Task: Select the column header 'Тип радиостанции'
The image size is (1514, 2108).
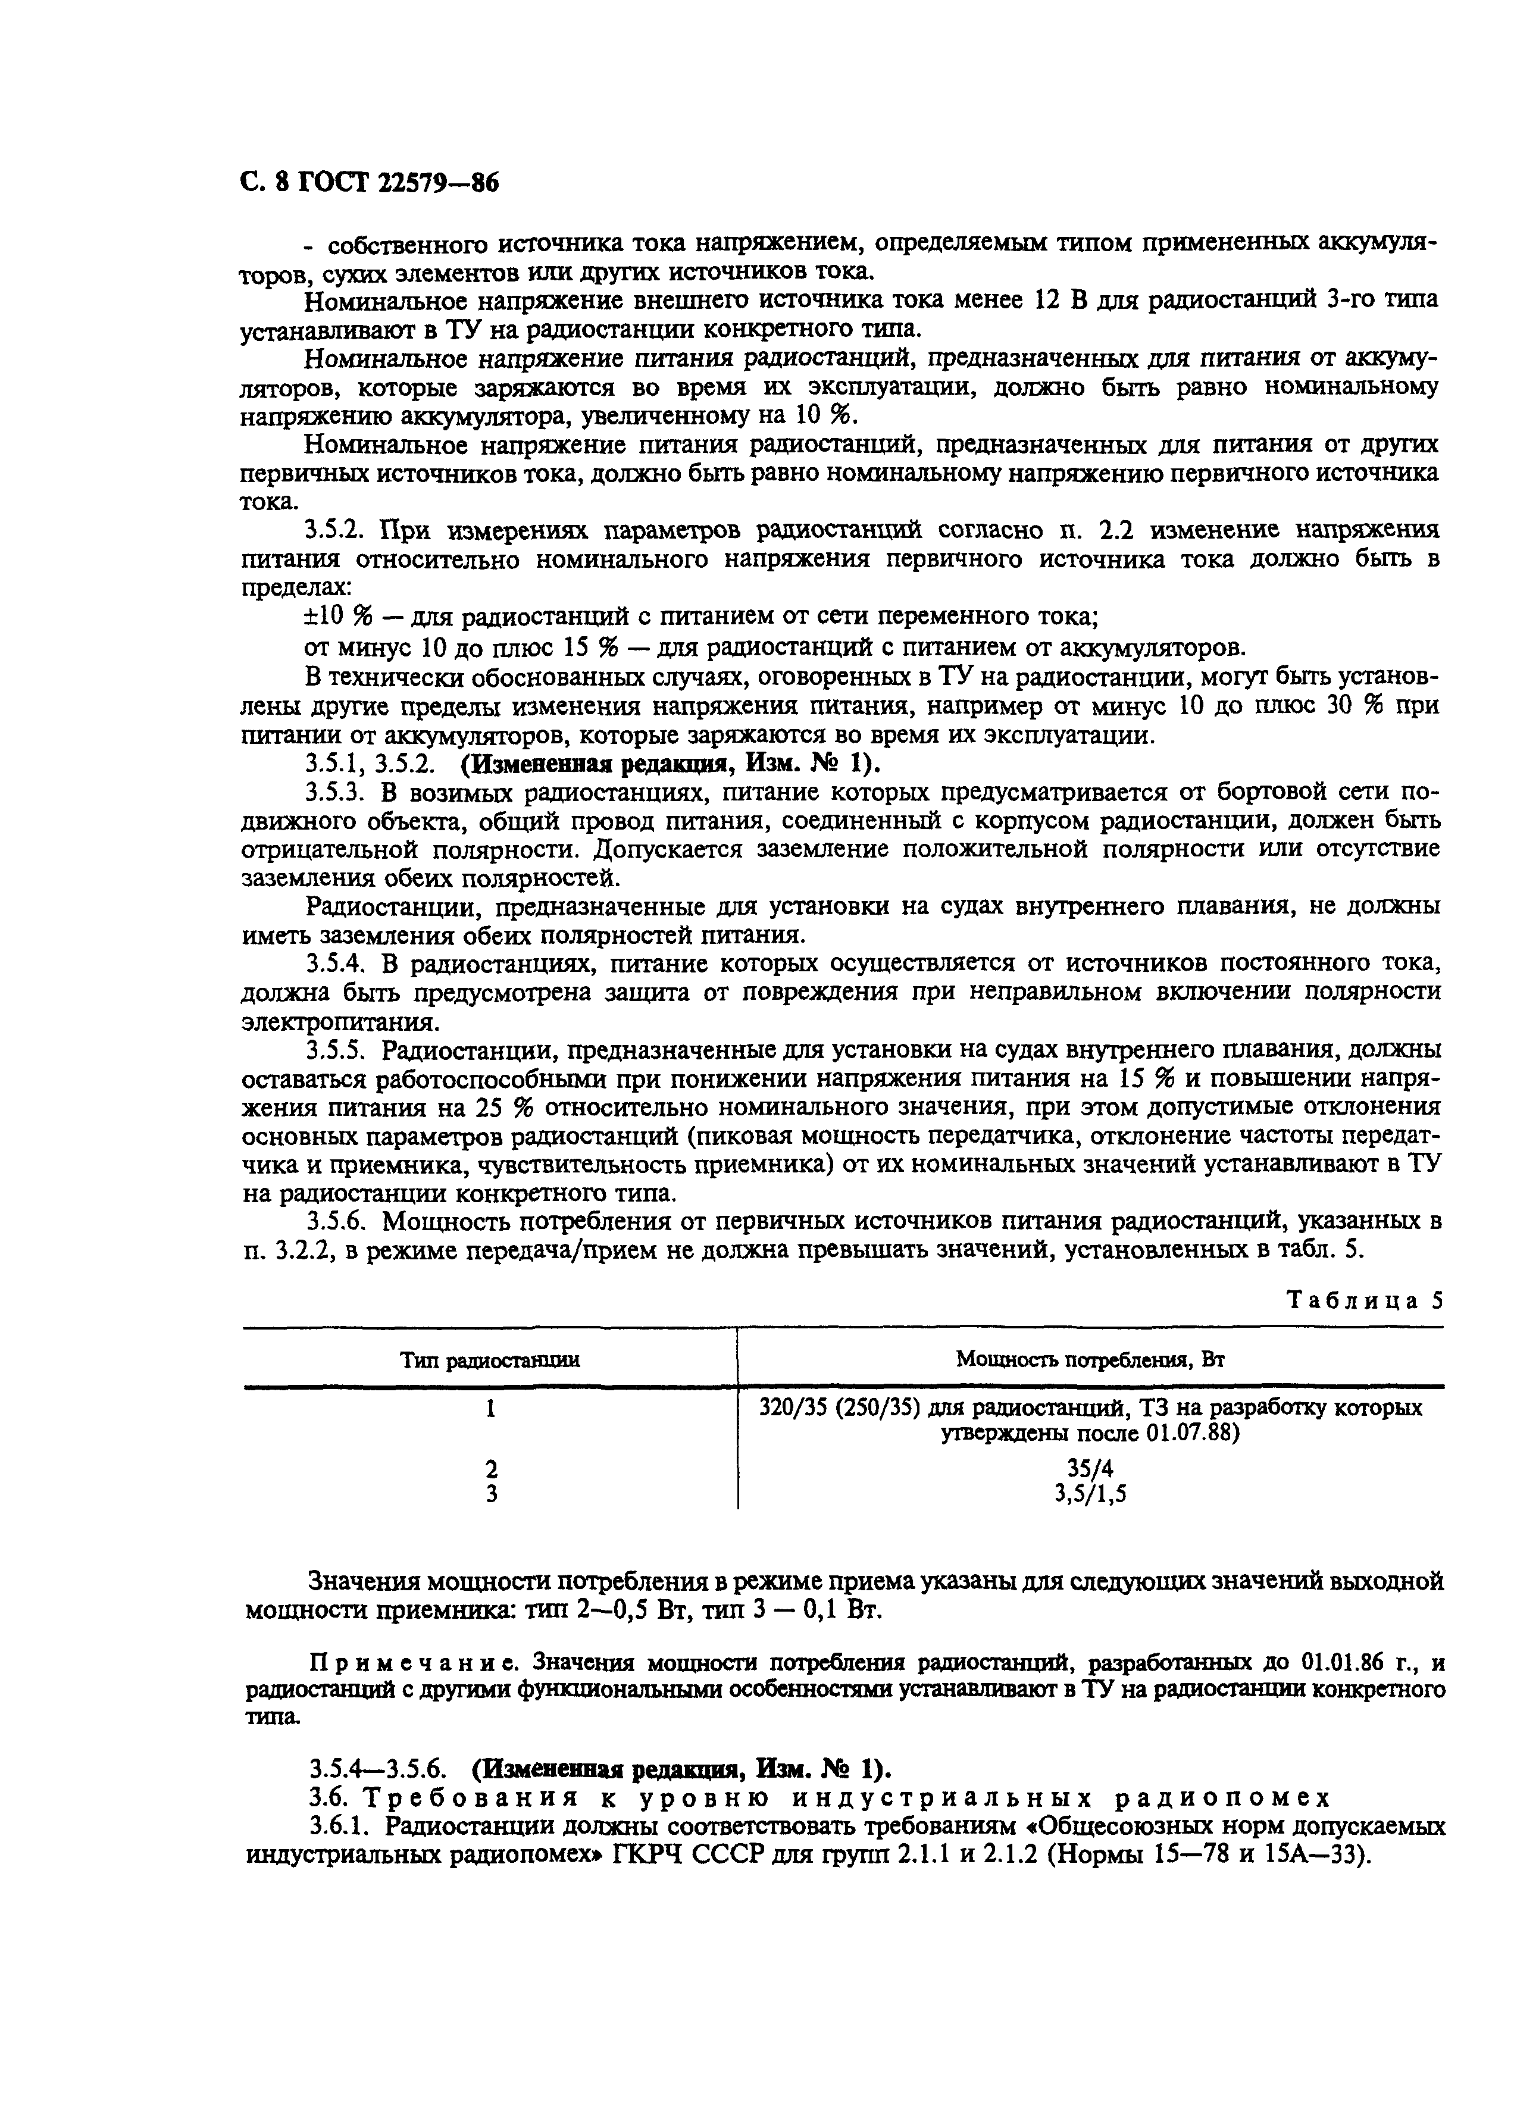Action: pyautogui.click(x=490, y=1360)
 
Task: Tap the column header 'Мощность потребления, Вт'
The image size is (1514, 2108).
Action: pyautogui.click(x=1089, y=1360)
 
